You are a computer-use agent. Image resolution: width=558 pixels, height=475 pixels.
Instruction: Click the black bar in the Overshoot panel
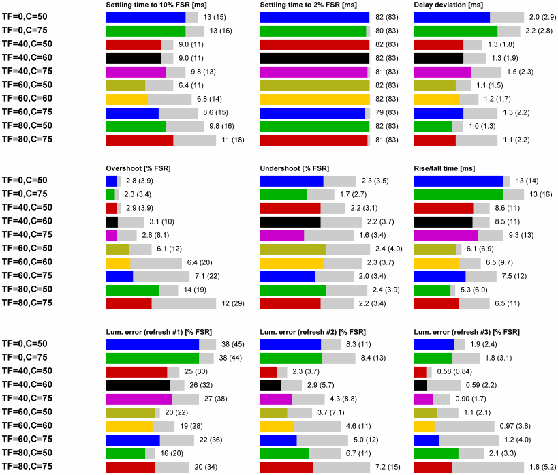point(112,221)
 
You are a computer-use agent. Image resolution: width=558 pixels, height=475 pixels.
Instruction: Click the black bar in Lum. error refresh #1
point(138,385)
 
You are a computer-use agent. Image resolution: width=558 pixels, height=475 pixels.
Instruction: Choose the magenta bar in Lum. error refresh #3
point(423,399)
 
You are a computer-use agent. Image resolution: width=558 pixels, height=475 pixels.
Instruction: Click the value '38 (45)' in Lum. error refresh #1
point(233,344)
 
